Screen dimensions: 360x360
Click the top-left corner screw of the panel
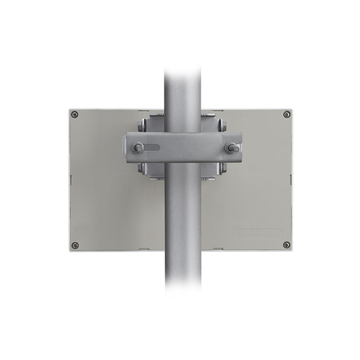(x=75, y=114)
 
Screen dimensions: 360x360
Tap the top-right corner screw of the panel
(x=287, y=114)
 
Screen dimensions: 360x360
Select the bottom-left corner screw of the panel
(x=75, y=245)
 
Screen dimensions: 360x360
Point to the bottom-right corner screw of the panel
(x=287, y=245)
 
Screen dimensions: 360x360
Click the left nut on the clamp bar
(x=137, y=147)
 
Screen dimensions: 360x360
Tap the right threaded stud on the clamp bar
(x=232, y=147)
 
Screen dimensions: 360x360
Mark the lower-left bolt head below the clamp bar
(x=142, y=168)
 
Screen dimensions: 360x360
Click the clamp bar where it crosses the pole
(x=182, y=147)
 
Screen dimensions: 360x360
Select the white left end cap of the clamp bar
(x=124, y=147)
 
